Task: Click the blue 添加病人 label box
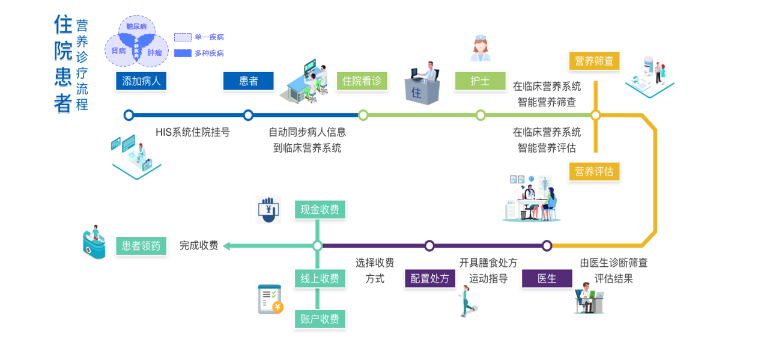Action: click(x=141, y=81)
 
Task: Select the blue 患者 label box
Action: click(x=248, y=81)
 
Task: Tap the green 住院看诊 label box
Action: click(x=362, y=81)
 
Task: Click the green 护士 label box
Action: click(x=480, y=81)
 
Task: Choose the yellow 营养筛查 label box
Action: click(x=594, y=61)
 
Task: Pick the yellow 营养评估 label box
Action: click(x=594, y=172)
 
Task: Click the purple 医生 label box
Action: click(x=547, y=278)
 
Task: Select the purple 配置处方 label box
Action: click(x=430, y=278)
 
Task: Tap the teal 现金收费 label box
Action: click(x=320, y=209)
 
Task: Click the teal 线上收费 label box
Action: click(x=320, y=278)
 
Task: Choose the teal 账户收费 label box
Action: click(x=320, y=319)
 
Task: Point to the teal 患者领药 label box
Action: click(x=141, y=245)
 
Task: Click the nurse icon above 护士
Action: click(x=481, y=48)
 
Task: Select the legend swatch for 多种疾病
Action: click(x=183, y=53)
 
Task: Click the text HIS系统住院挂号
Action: click(x=193, y=132)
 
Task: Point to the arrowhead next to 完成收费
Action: click(x=227, y=245)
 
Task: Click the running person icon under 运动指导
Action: click(x=467, y=301)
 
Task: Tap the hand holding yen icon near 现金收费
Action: click(x=268, y=210)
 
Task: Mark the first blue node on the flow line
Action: click(x=129, y=115)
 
